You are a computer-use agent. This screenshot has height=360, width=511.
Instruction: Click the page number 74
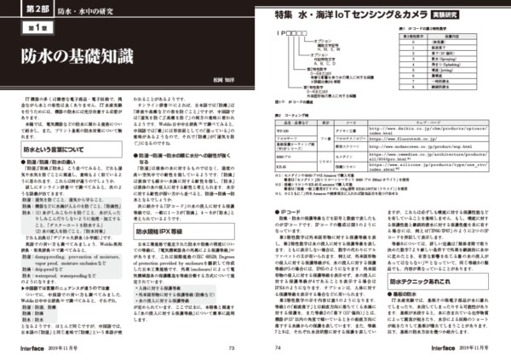click(x=279, y=348)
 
